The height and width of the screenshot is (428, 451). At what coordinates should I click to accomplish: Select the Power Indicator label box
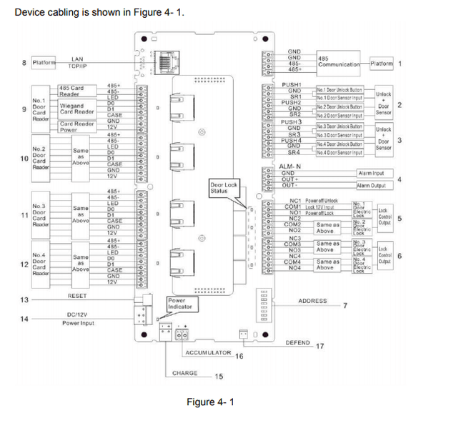(x=177, y=304)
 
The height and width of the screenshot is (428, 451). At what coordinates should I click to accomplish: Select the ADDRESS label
(x=312, y=301)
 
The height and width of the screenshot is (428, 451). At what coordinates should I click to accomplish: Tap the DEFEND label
(x=298, y=343)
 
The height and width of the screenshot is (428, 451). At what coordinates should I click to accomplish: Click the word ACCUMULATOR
(x=209, y=353)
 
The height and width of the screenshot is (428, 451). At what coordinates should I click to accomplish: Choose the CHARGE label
(x=185, y=373)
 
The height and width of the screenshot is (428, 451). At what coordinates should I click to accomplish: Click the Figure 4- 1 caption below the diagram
(x=210, y=402)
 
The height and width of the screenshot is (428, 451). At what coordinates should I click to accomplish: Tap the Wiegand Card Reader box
(x=76, y=109)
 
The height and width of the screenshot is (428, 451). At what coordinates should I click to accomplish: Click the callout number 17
(x=319, y=347)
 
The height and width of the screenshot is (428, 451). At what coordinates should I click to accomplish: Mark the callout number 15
(x=219, y=377)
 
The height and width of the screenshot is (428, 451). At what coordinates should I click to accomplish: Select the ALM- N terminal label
(x=292, y=166)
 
